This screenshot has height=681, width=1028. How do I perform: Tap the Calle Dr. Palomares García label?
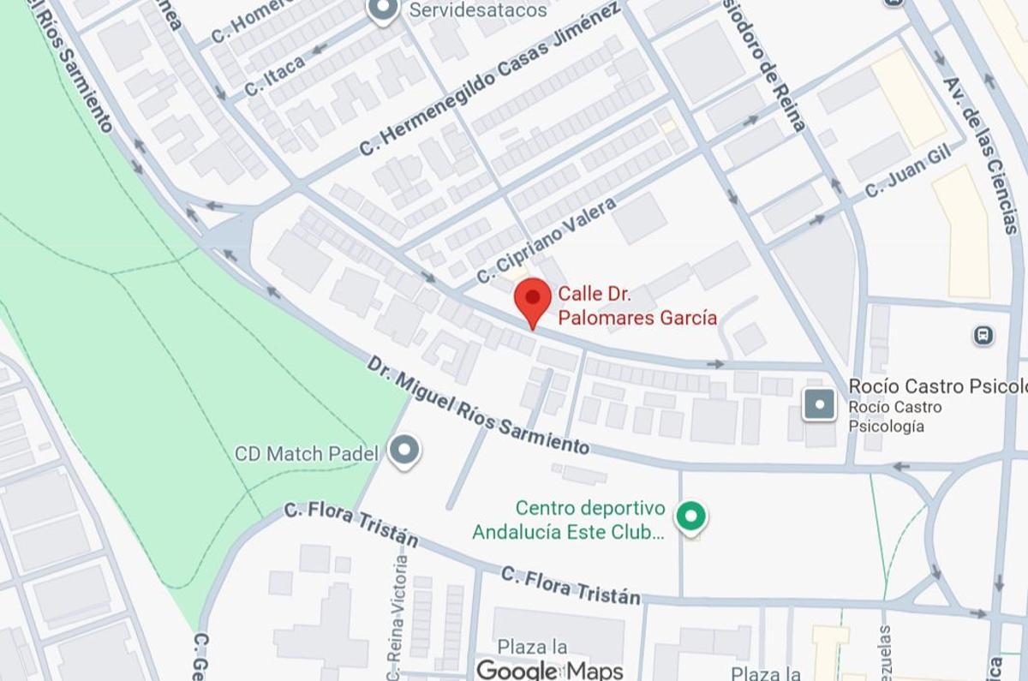point(637,307)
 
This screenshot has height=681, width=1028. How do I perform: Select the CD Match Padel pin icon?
point(403,451)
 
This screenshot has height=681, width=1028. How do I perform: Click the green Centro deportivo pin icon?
point(690,517)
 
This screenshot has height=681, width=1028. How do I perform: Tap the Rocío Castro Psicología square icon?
point(820,404)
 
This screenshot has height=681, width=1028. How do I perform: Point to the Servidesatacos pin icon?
point(382,10)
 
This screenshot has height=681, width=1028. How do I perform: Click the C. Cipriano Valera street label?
point(547,240)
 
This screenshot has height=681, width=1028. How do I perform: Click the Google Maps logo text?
point(549,669)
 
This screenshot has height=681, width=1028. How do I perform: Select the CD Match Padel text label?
point(306,453)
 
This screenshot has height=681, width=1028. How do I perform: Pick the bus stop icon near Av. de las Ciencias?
point(983,335)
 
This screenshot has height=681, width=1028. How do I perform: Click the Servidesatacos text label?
point(478,10)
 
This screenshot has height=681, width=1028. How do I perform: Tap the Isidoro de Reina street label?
point(768,68)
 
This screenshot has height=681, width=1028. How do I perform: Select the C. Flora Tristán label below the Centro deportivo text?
point(570,584)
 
